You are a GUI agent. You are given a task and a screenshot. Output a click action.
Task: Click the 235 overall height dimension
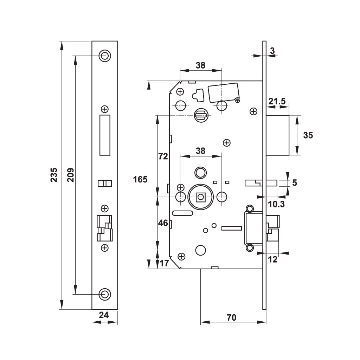54,175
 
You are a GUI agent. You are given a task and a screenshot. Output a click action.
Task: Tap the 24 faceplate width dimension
104,315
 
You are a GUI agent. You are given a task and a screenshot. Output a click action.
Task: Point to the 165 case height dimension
140,179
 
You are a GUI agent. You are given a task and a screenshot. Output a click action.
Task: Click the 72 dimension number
163,156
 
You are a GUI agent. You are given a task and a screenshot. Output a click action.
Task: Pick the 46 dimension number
163,223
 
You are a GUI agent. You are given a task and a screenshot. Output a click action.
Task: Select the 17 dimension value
164,263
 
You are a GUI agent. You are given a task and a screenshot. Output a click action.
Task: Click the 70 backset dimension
231,317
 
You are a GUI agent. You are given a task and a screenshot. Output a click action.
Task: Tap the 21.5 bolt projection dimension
277,101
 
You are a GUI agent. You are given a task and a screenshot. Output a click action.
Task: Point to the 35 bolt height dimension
308,135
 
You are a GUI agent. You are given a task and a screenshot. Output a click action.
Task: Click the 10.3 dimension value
276,204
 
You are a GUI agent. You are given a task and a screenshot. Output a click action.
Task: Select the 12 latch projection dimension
272,259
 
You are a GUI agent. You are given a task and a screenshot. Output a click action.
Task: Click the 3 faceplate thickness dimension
272,51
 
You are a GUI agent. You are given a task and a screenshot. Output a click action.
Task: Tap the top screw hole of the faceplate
105,56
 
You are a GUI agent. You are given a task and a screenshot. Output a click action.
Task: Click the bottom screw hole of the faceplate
105,294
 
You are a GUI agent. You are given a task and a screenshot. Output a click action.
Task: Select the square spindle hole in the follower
201,197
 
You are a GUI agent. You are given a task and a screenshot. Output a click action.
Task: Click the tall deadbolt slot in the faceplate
105,135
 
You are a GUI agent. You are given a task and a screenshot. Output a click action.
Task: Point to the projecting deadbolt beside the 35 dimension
278,135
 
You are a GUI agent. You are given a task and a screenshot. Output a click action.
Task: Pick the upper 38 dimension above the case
200,65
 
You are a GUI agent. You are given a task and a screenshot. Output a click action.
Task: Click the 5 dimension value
295,183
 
